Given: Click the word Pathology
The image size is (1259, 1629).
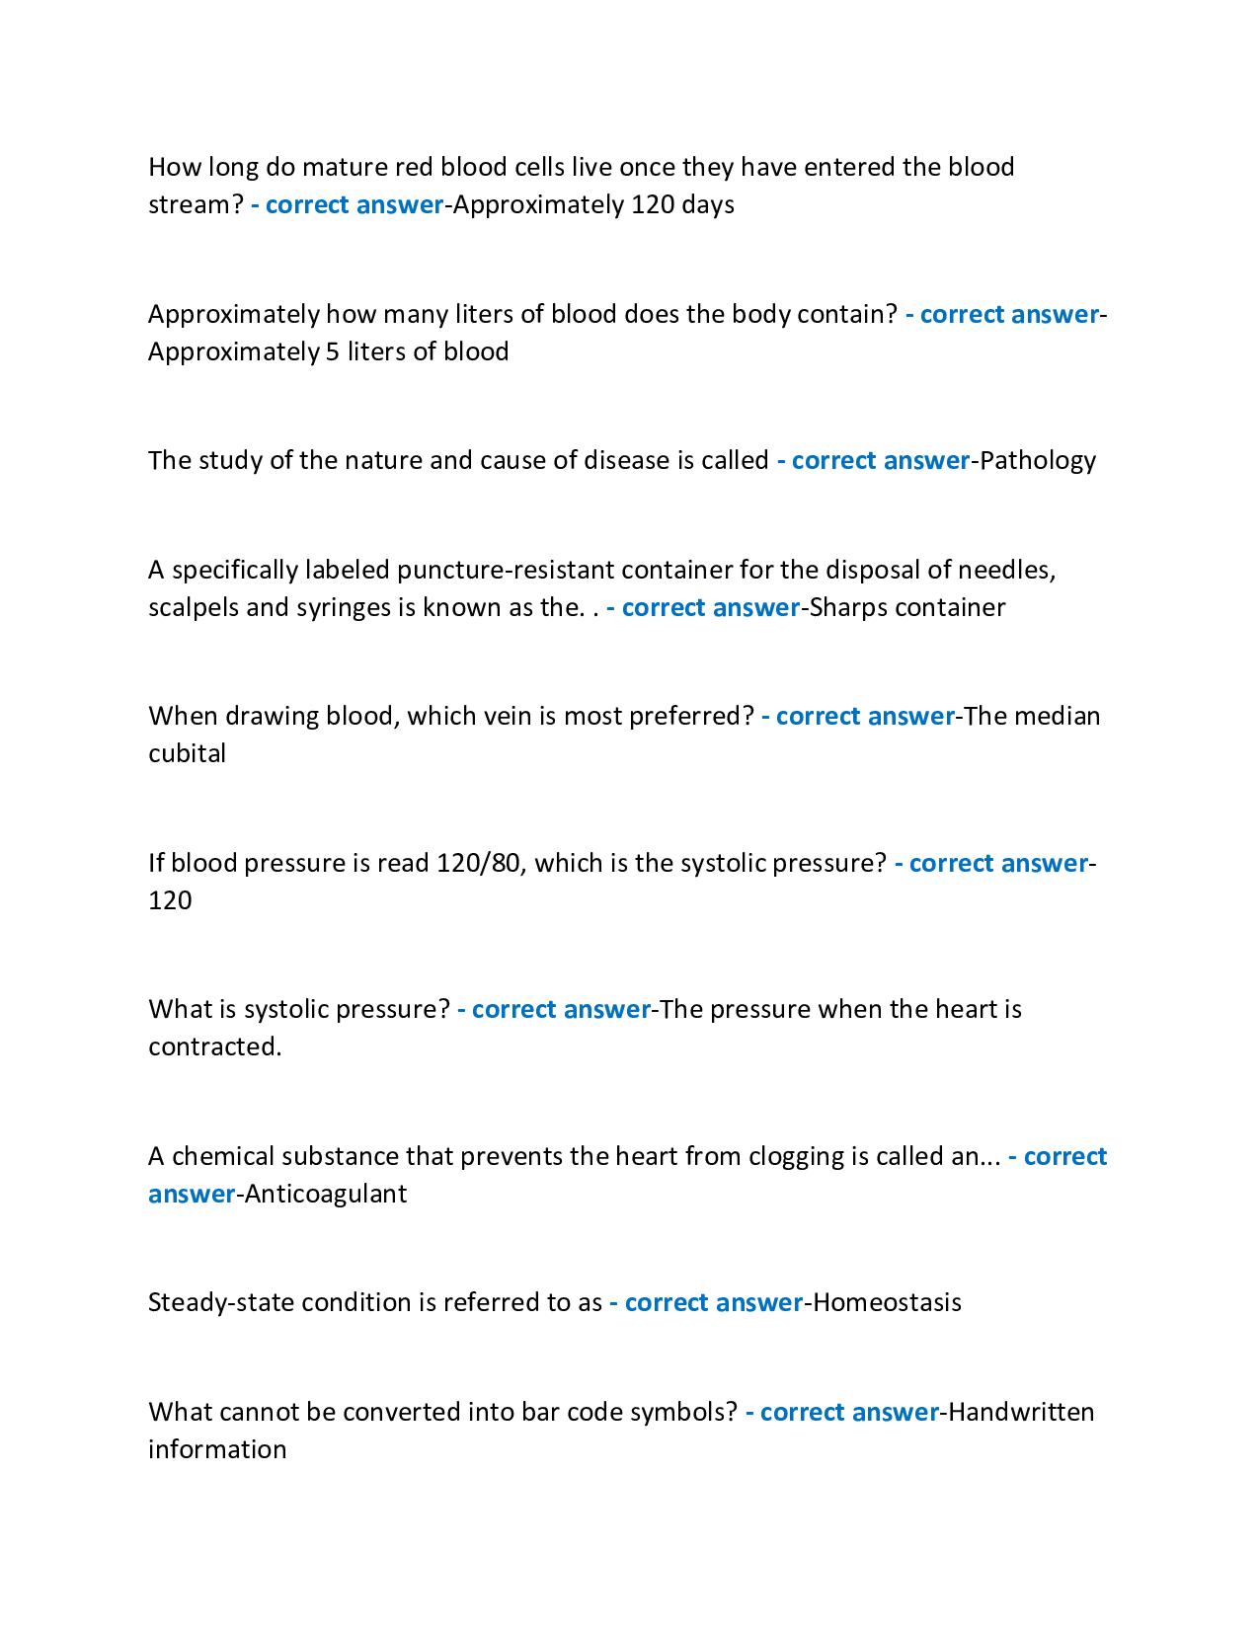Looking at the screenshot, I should coord(1038,461).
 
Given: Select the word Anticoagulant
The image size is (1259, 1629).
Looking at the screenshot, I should coord(326,1194).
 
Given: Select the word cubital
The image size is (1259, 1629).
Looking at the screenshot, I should coord(187,753).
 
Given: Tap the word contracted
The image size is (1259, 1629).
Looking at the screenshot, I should coord(214,1047).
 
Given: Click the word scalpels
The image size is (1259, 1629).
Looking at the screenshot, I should coord(194,607).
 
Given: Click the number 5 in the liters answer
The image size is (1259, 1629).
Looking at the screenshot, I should coord(332,351).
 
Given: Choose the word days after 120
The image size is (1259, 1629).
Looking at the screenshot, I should coord(707,205).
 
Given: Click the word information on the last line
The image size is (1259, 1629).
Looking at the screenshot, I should coord(217,1450).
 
